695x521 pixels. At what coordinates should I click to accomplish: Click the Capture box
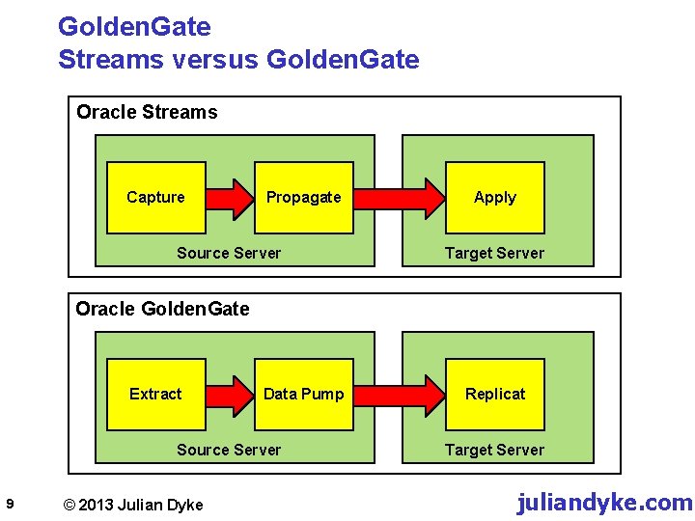point(155,198)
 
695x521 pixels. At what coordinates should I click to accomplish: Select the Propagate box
point(303,198)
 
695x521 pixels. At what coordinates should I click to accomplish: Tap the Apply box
point(494,198)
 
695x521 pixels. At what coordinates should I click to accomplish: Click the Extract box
point(155,395)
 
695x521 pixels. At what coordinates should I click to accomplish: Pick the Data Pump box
point(303,395)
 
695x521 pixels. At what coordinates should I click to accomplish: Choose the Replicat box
point(494,395)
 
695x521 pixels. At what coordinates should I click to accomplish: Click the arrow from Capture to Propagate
point(229,198)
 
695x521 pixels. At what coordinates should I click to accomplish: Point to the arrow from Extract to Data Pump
point(229,395)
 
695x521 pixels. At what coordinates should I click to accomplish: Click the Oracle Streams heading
point(147,112)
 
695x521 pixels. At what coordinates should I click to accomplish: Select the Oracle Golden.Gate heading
point(162,309)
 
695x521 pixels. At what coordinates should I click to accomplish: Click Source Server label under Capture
point(229,254)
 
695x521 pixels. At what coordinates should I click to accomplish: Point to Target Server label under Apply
point(494,254)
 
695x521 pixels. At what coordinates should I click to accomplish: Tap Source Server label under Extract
point(229,451)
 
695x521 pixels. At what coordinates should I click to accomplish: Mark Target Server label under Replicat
point(494,451)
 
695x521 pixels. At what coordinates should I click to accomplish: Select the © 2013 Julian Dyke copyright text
point(132,505)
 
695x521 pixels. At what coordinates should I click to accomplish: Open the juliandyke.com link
point(604,503)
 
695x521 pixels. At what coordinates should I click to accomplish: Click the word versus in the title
point(210,60)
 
